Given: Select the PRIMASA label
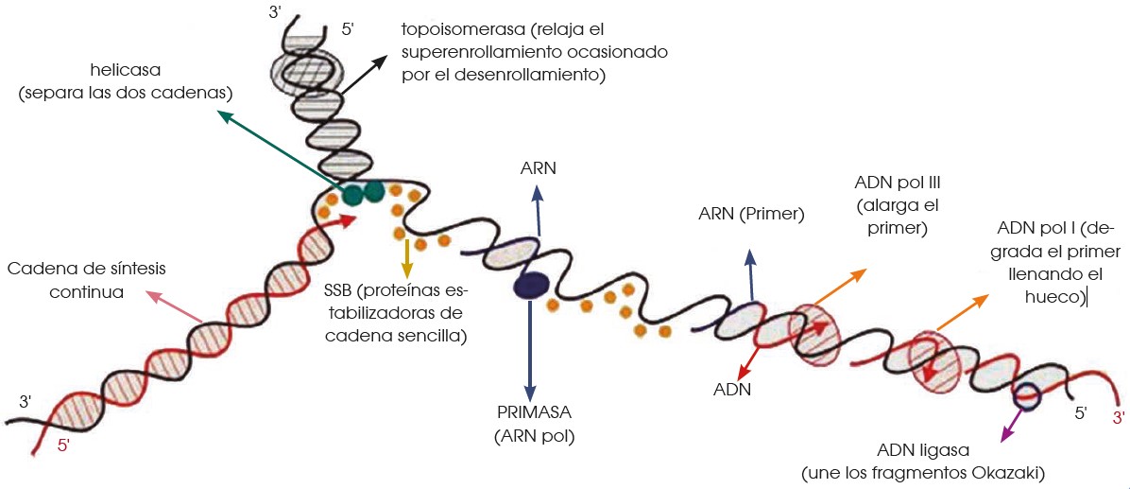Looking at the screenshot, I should click(534, 414).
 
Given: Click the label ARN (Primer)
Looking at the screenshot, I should click(751, 215).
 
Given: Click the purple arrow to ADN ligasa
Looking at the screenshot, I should click(1009, 422).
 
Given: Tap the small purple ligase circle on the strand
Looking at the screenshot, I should click(1028, 396).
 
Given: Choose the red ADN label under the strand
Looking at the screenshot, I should click(732, 389).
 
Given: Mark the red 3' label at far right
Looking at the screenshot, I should click(1118, 417).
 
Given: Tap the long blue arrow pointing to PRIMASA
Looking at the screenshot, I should click(530, 350).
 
